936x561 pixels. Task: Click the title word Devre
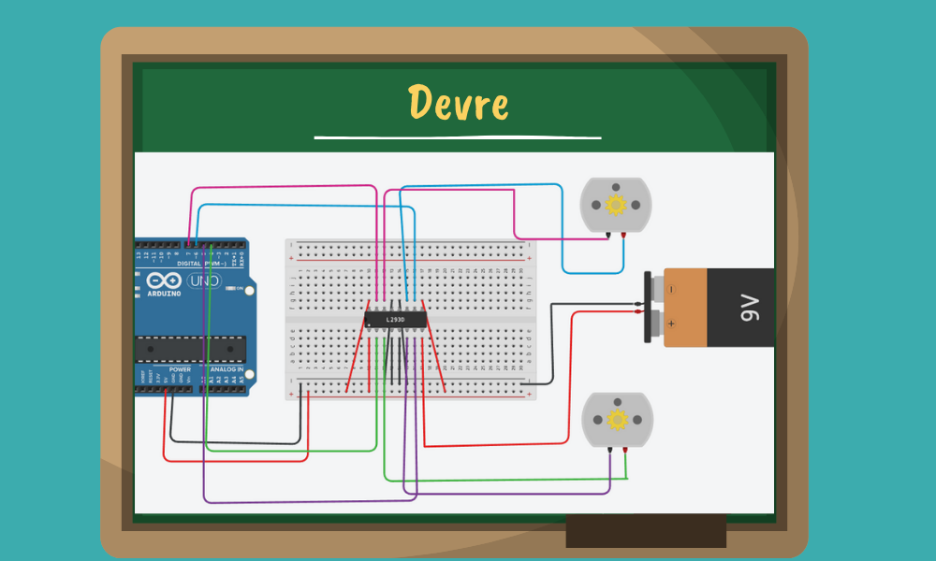[458, 103]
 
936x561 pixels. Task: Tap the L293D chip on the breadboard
[395, 320]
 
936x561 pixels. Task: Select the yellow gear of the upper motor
[615, 205]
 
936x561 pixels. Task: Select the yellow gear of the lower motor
[617, 420]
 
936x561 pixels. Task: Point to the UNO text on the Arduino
[205, 280]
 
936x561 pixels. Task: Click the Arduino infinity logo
[163, 280]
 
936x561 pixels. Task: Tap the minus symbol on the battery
[670, 290]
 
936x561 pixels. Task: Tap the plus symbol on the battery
[670, 324]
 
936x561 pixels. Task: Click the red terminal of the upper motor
[623, 234]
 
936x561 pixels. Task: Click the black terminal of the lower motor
[609, 450]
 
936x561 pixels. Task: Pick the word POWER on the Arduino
[180, 369]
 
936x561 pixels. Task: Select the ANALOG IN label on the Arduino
[227, 369]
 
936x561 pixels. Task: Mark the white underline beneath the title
[457, 137]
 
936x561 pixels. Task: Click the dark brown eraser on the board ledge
[646, 530]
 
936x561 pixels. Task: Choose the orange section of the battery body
[685, 308]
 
